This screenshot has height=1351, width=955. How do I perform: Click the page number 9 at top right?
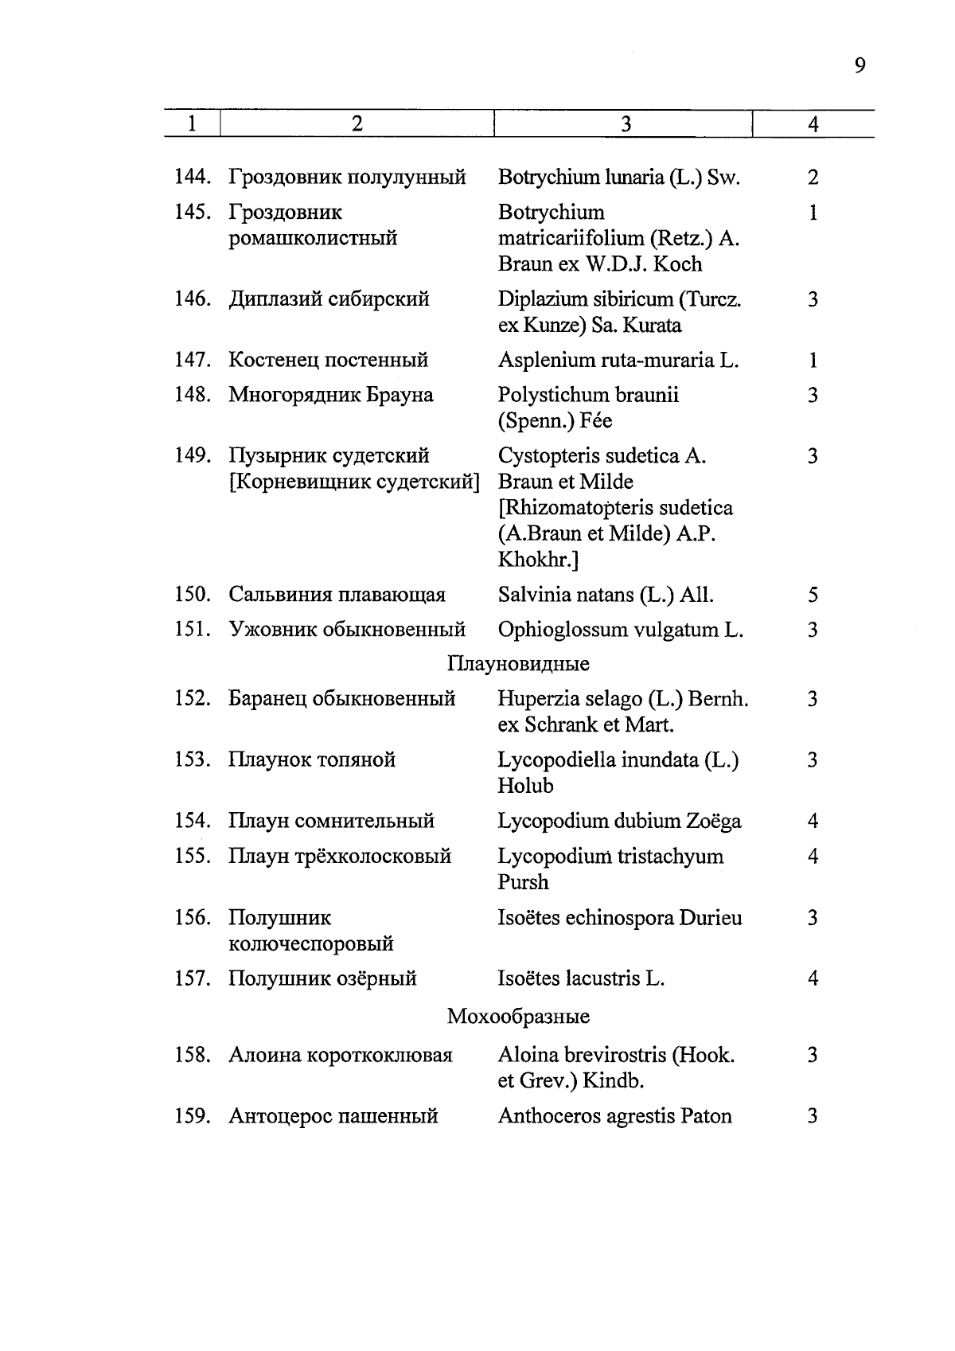point(859,65)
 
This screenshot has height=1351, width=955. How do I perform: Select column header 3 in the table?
point(626,124)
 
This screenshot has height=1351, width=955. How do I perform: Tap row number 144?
point(192,178)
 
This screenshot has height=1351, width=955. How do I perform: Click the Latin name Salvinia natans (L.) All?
point(606,595)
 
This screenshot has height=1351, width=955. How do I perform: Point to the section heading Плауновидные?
point(518,663)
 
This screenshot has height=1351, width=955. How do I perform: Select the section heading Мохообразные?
point(518,1017)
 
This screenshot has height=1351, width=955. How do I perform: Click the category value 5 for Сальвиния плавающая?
point(813,595)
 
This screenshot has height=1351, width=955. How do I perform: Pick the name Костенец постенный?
point(329,361)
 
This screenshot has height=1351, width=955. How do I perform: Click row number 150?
point(192,595)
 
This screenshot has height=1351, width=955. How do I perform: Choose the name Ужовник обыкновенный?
point(347,630)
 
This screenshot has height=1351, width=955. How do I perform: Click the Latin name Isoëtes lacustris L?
point(581,978)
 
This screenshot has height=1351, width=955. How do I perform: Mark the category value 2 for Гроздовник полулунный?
point(813,178)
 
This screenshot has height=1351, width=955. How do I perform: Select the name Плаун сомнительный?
point(332,821)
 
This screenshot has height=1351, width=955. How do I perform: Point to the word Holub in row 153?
point(525,786)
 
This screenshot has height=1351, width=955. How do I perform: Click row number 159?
point(192,1116)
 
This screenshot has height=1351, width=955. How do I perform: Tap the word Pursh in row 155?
point(523,882)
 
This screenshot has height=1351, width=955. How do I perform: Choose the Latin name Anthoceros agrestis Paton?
point(614,1116)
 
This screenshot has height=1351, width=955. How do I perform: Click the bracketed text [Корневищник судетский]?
point(354,482)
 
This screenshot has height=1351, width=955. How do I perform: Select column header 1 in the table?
point(192,124)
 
